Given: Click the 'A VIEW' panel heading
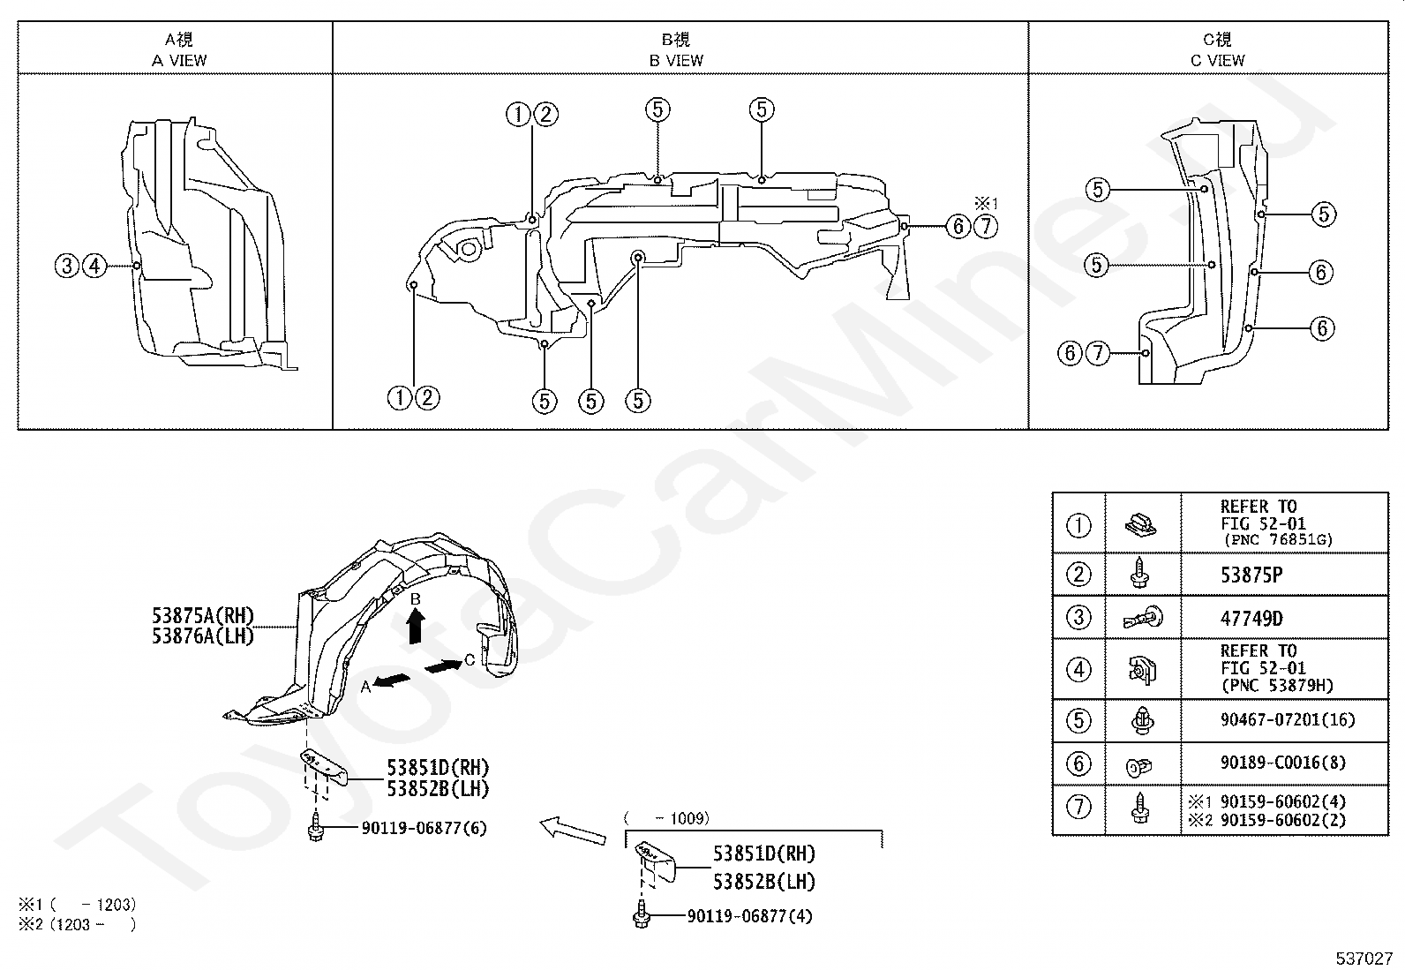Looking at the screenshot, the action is click(x=179, y=60).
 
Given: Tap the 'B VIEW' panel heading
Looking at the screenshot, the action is click(x=676, y=60).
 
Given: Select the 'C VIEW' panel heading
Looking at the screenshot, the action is click(x=1217, y=60).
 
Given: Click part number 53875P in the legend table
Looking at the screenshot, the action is click(x=1251, y=575).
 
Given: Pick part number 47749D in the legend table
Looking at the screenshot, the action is click(x=1251, y=619).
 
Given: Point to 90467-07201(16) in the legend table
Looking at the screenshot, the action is click(x=1288, y=719).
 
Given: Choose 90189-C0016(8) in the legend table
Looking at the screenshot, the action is click(x=1282, y=763).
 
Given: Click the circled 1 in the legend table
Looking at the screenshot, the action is click(x=1078, y=525).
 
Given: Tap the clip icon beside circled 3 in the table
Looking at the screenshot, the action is click(x=1143, y=618).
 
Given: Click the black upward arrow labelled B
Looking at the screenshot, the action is click(x=415, y=626).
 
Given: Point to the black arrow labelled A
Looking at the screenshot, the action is click(x=392, y=681).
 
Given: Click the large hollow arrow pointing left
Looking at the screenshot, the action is click(x=573, y=831).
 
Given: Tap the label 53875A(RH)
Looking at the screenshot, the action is click(x=203, y=615).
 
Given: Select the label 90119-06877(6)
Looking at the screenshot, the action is click(x=424, y=828).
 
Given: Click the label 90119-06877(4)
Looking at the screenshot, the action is click(x=749, y=917).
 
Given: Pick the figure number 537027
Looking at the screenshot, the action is click(x=1364, y=959).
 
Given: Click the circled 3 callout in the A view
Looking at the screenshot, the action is click(x=67, y=266).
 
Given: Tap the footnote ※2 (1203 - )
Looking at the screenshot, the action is click(x=77, y=925).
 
